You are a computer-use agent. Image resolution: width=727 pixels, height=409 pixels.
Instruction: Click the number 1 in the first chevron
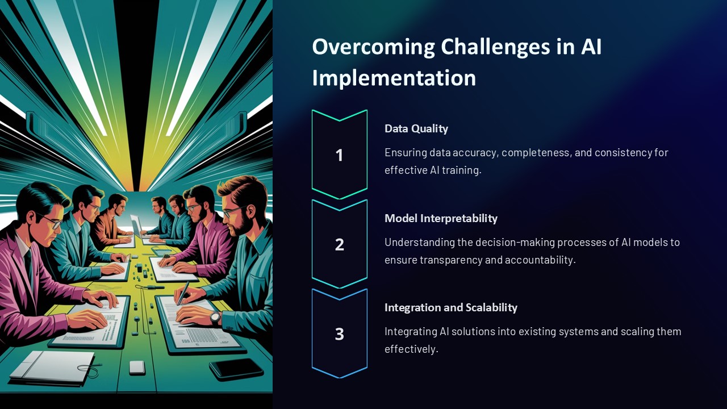coord(339,155)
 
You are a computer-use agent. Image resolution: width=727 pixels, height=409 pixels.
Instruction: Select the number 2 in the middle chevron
coord(339,244)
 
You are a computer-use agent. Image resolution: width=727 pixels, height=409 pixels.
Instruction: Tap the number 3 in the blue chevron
coord(339,334)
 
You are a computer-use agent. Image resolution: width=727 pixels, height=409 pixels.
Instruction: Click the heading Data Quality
coord(416,128)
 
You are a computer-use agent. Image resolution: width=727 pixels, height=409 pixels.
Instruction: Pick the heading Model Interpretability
coord(441,218)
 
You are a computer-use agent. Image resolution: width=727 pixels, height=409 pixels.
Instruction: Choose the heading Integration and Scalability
coord(451,307)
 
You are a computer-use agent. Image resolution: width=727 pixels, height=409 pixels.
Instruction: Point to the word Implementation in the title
coord(394,78)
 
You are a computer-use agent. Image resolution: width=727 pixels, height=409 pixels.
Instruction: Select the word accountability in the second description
coord(538,260)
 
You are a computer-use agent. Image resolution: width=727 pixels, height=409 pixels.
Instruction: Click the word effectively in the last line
coord(411,349)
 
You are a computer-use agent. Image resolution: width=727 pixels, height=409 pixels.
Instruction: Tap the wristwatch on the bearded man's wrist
coord(215,318)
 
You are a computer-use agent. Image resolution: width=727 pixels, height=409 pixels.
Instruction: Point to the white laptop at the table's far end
coord(136,226)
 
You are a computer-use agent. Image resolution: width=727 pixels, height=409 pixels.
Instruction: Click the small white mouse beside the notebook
coord(137,368)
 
